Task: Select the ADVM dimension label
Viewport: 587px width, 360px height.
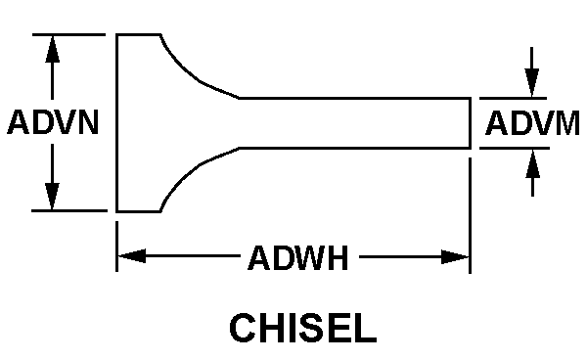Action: pyautogui.click(x=532, y=123)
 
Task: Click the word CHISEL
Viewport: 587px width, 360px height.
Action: pyautogui.click(x=302, y=328)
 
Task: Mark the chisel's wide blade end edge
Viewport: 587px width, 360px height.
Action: pyautogui.click(x=118, y=122)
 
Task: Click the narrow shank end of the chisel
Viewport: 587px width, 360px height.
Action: pyautogui.click(x=471, y=122)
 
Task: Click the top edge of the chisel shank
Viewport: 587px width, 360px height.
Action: pyautogui.click(x=352, y=98)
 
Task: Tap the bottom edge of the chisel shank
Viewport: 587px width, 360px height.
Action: pyautogui.click(x=352, y=148)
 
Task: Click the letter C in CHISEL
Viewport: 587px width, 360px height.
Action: pyautogui.click(x=244, y=328)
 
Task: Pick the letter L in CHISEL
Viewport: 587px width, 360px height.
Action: pyautogui.click(x=364, y=328)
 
